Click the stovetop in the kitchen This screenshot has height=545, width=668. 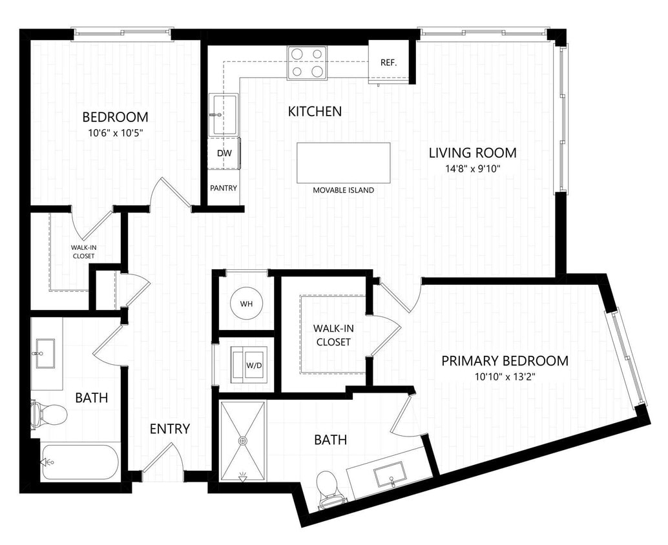[x=307, y=63]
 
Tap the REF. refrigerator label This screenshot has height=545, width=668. [x=388, y=63]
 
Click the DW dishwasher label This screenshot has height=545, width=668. [x=224, y=153]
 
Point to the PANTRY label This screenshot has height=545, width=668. [x=224, y=188]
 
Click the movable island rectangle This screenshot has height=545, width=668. [x=343, y=163]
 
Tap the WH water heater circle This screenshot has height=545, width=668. [x=246, y=303]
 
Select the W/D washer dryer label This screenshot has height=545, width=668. [x=253, y=365]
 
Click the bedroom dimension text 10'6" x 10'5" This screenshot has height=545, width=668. [x=115, y=134]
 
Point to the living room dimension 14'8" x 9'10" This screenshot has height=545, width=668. [x=473, y=169]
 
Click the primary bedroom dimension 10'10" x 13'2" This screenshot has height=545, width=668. [x=505, y=377]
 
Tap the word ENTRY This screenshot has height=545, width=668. [x=170, y=429]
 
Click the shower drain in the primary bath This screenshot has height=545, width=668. [x=243, y=440]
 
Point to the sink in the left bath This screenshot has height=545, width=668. [x=45, y=354]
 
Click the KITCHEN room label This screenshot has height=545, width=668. [x=315, y=112]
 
